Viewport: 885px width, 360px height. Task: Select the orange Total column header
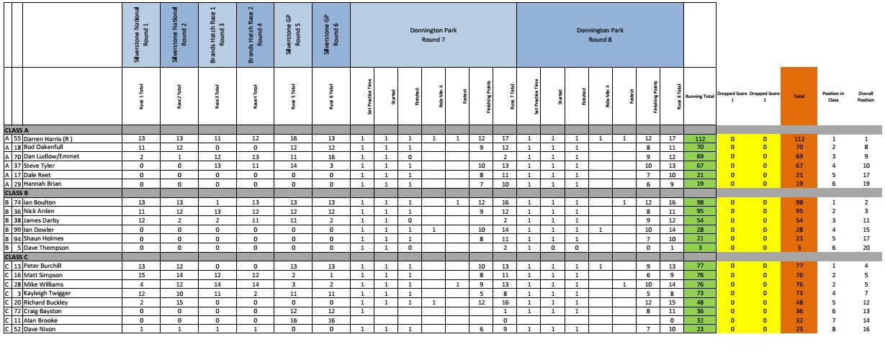(798, 95)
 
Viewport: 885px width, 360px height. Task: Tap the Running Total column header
(698, 95)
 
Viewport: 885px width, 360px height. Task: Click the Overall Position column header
(862, 95)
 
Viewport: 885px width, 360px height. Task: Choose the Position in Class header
(830, 95)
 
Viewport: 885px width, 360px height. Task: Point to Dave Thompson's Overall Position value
(862, 248)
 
